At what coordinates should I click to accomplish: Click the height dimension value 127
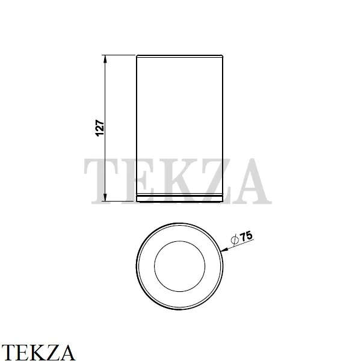tap(100, 127)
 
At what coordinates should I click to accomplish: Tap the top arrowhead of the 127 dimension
tap(106, 59)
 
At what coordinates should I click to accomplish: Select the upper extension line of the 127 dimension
tap(120, 55)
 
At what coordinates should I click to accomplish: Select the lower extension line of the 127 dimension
tap(120, 201)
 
